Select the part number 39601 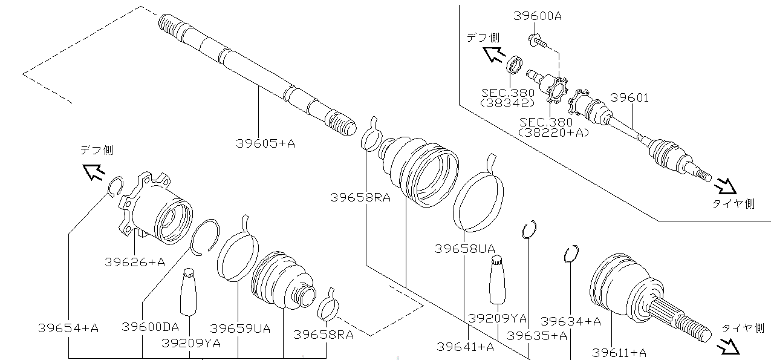pyautogui.click(x=629, y=97)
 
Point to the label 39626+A pyautogui.click(x=134, y=262)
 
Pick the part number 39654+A pyautogui.click(x=68, y=328)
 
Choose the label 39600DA pyautogui.click(x=150, y=327)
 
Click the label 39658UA pyautogui.click(x=464, y=249)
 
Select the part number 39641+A pyautogui.click(x=465, y=347)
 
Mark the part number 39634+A pyautogui.click(x=570, y=321)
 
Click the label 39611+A pyautogui.click(x=619, y=352)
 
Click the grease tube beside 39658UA pyautogui.click(x=497, y=279)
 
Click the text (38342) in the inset pyautogui.click(x=507, y=103)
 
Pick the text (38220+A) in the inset pyautogui.click(x=554, y=132)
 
